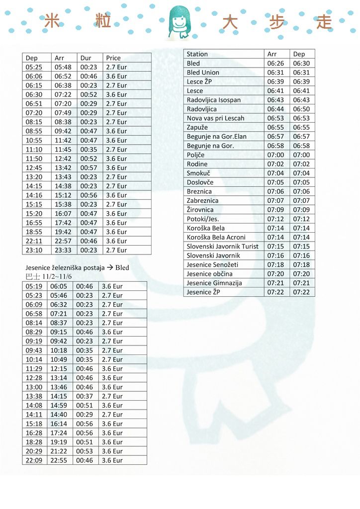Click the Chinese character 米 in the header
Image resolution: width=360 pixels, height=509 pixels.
(52, 21)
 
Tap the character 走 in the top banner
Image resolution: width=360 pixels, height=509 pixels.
(324, 22)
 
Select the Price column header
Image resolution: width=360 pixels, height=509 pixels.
(113, 58)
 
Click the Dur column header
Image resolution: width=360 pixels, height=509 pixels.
(86, 58)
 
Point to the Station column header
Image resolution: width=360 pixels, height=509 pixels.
(197, 54)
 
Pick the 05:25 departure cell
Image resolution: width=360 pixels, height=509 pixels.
(34, 67)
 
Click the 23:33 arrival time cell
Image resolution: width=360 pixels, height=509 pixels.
(63, 250)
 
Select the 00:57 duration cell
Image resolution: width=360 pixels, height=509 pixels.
(89, 168)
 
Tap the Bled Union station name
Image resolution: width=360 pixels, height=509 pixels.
(203, 72)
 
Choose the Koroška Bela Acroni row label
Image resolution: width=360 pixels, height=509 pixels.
(216, 237)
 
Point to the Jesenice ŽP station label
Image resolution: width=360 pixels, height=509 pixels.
(203, 292)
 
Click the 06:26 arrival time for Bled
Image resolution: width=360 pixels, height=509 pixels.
(275, 63)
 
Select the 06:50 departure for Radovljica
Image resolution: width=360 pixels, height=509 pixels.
(301, 109)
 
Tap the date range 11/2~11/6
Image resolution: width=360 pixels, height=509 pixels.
(57, 276)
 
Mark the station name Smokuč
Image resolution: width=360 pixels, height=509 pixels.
(198, 173)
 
